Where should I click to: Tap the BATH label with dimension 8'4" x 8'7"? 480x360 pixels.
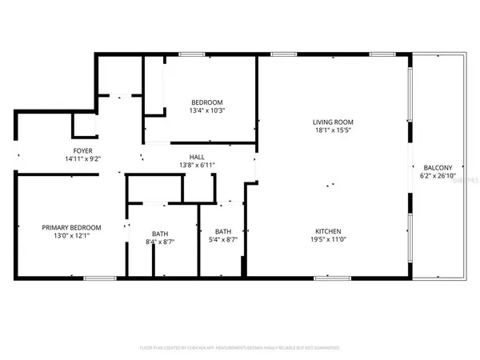(158, 231)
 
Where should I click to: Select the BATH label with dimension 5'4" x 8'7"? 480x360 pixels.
(223, 231)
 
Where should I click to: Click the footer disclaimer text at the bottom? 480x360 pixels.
(240, 348)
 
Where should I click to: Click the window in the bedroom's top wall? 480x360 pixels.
(190, 54)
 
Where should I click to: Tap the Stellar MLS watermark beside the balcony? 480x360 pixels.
(462, 182)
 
